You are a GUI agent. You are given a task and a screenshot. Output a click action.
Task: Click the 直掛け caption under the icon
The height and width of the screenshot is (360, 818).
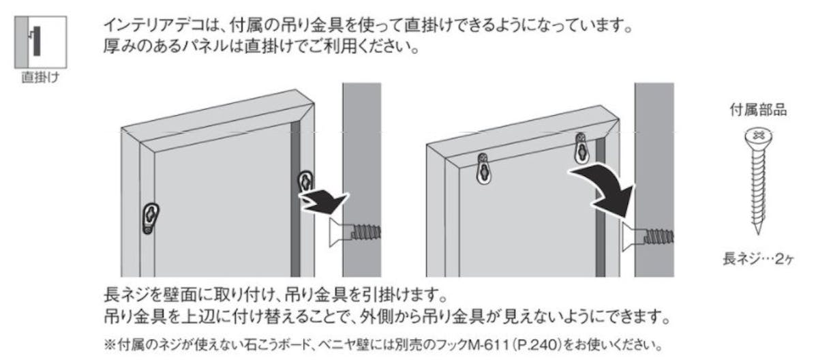point(40,78)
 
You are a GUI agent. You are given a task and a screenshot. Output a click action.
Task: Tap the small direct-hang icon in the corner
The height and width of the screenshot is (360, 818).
point(40,42)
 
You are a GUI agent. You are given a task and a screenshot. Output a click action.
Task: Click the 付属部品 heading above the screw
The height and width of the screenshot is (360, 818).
point(758,110)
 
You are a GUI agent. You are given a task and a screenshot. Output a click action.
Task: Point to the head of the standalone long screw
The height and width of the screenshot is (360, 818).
point(759,136)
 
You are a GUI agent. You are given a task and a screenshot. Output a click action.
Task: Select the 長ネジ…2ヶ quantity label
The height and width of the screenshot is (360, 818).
point(758,259)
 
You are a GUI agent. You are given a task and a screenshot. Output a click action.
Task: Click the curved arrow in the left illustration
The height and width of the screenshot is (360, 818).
point(323,202)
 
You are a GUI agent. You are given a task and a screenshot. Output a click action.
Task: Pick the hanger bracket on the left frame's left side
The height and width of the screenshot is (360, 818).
point(150,218)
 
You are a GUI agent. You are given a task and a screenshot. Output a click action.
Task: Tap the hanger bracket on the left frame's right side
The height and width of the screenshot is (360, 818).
point(305,181)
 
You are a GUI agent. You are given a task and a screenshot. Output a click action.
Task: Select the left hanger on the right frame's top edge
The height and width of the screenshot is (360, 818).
point(483,169)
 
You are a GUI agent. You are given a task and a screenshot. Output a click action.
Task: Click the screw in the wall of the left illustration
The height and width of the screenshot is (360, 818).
point(355,232)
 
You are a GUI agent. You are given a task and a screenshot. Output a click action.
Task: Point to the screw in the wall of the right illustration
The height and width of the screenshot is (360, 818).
point(648,237)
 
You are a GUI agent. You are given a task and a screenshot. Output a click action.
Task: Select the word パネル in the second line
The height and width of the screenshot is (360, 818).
point(207,46)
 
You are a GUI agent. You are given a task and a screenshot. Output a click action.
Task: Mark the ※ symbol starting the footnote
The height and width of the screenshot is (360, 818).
point(110,344)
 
